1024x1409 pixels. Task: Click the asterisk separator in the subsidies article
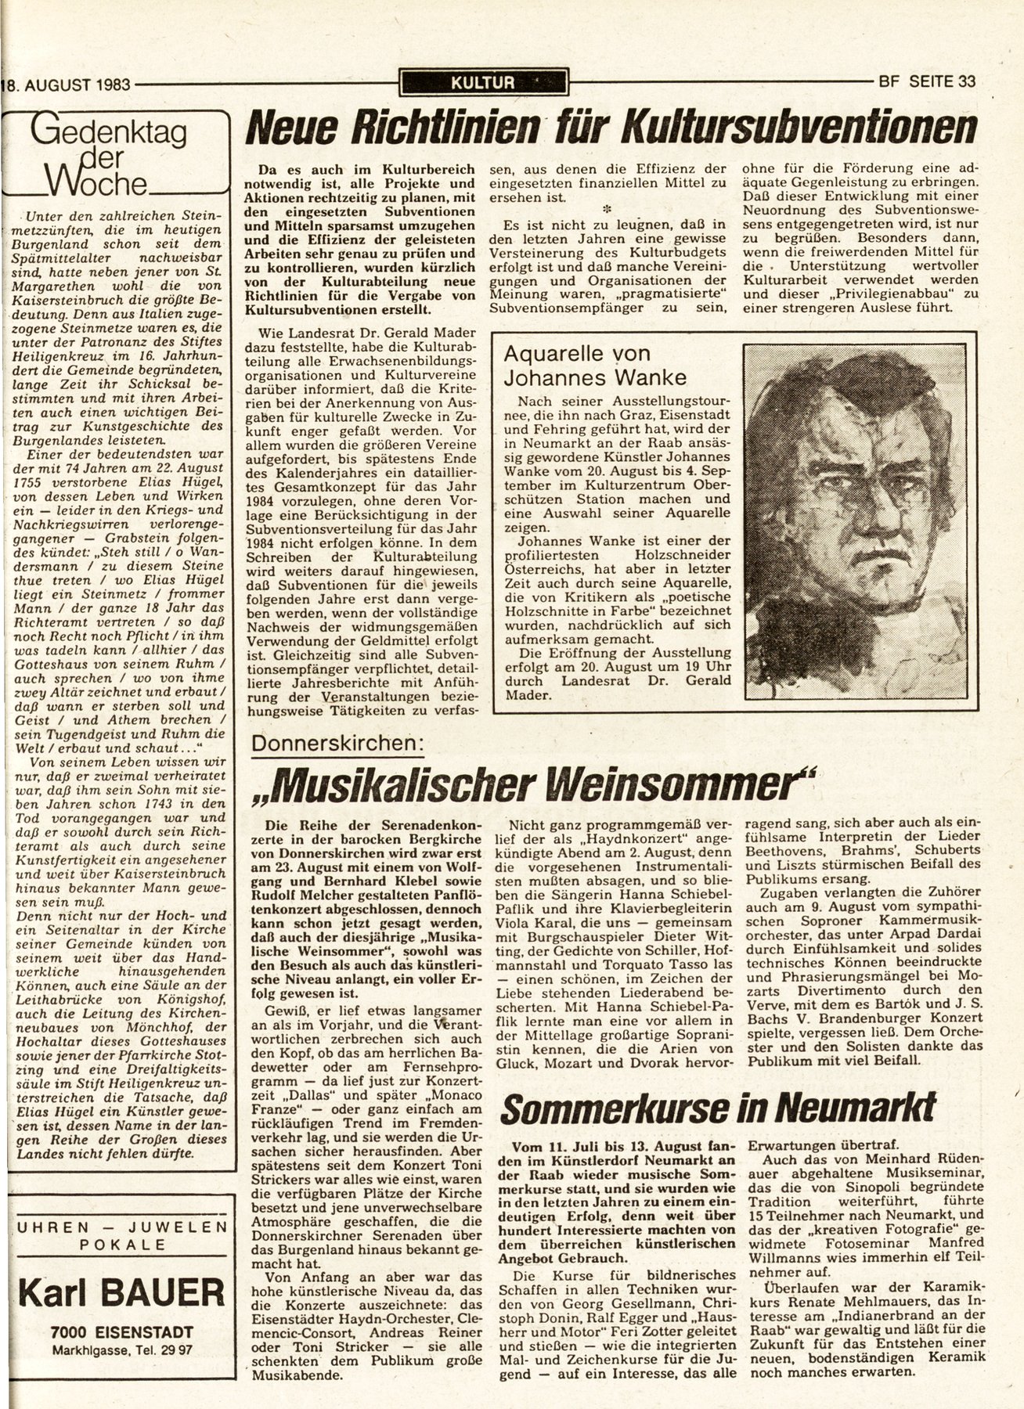tap(605, 209)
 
